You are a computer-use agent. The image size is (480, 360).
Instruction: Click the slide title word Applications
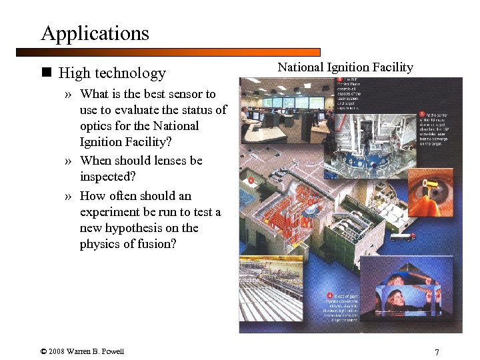[95, 33]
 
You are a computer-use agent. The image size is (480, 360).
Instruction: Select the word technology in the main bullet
[130, 73]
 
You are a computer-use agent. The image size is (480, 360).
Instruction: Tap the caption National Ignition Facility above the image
[345, 67]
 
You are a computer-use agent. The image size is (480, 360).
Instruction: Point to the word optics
[97, 126]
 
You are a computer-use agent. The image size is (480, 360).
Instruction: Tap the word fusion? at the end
[159, 244]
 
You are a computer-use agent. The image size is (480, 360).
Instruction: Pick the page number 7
[436, 352]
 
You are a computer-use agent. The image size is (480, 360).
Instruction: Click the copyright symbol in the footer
[43, 351]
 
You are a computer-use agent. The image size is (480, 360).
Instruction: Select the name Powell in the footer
[112, 351]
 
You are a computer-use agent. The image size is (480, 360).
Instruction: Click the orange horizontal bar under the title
[167, 51]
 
